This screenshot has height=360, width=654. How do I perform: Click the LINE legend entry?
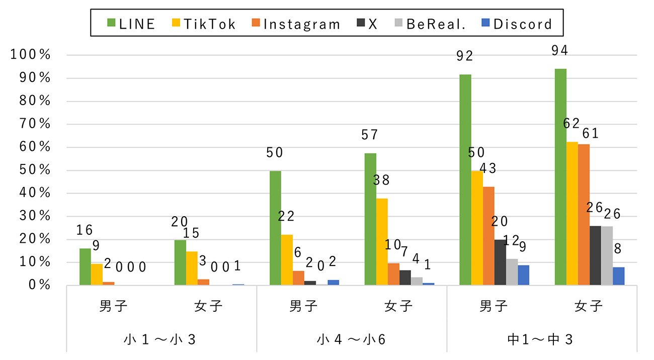click(131, 24)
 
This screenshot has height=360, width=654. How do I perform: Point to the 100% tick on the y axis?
click(31, 55)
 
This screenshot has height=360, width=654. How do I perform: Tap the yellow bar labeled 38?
click(382, 242)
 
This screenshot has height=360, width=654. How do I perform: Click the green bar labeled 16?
click(85, 266)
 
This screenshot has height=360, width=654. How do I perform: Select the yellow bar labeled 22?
click(287, 260)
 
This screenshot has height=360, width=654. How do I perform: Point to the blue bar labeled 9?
click(523, 275)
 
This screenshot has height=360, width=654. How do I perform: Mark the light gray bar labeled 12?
click(512, 272)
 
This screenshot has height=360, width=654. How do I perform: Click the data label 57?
click(370, 135)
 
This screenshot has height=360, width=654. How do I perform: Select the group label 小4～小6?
click(352, 339)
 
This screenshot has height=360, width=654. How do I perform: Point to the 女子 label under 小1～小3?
click(208, 306)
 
